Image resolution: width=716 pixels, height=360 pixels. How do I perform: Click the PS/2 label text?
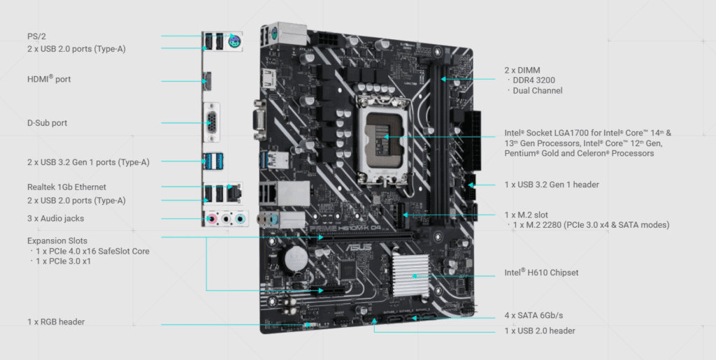click(x=36, y=36)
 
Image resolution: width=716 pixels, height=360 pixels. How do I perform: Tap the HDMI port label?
click(x=49, y=80)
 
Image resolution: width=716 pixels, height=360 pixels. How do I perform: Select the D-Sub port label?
click(x=48, y=123)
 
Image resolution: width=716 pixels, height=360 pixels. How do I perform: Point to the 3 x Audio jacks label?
click(x=55, y=219)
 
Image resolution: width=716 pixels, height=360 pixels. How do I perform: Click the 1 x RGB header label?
click(x=56, y=322)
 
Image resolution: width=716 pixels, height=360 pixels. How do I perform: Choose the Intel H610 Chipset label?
click(x=541, y=273)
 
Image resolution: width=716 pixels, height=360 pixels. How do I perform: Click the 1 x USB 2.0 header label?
click(x=540, y=331)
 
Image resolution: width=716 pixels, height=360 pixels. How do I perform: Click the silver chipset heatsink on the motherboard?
click(x=415, y=275)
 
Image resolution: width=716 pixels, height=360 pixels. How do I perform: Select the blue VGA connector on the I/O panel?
click(x=210, y=123)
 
